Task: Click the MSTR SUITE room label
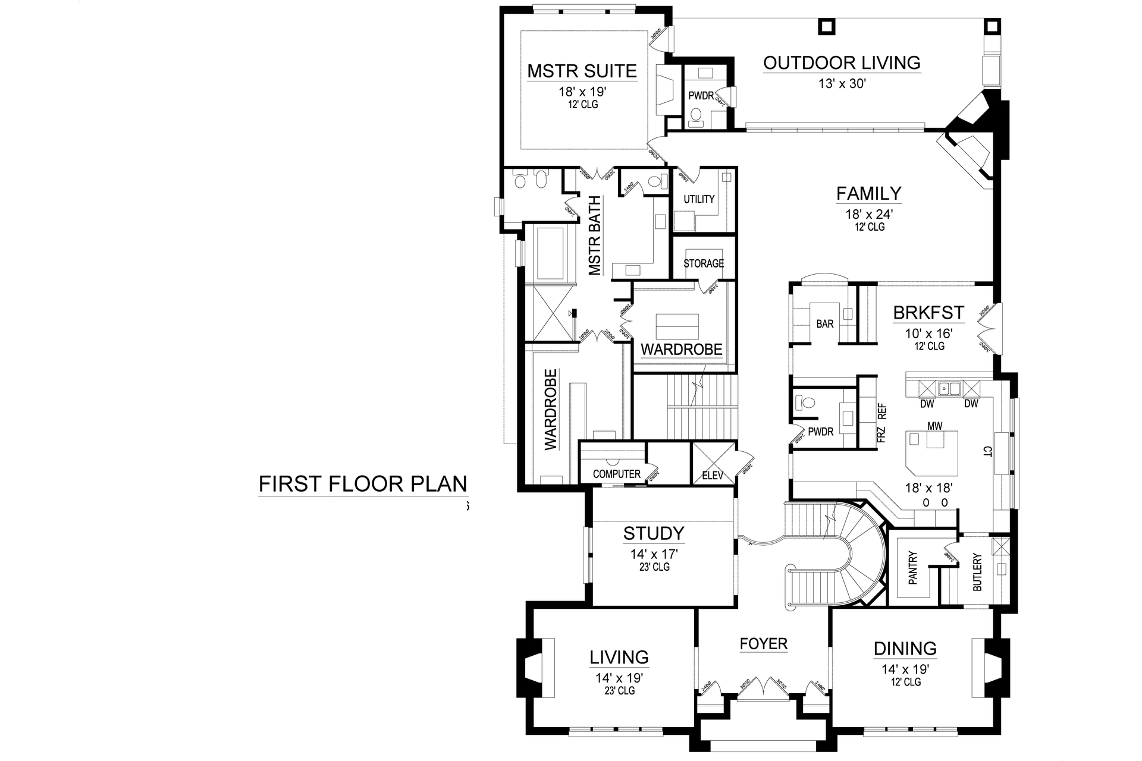pos(582,71)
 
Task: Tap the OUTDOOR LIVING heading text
pos(842,62)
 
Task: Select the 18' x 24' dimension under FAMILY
pos(868,215)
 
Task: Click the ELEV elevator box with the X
pos(713,464)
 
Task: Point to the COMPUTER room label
pos(617,474)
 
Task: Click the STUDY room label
pos(654,533)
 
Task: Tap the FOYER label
pos(763,643)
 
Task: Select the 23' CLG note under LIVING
pos(619,690)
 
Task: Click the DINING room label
pos(905,648)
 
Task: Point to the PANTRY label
pos(913,568)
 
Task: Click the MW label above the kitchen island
pos(934,426)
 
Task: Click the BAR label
pos(824,324)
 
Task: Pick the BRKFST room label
pos(928,313)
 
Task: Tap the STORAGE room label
pos(703,263)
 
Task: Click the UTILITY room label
pos(699,199)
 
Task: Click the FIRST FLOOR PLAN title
pos(363,484)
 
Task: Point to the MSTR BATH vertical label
pos(595,236)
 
